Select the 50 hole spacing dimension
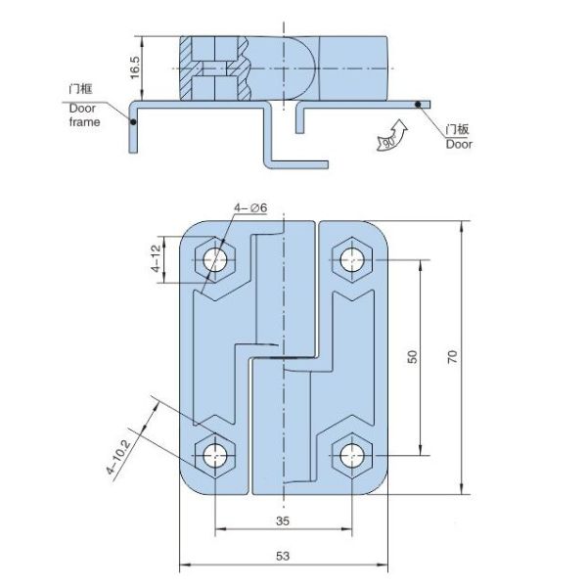[412, 358]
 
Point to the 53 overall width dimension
[284, 556]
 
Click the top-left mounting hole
[216, 260]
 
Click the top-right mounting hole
[351, 260]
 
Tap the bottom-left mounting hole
[216, 454]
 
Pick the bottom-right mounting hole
[351, 454]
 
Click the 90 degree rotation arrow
[388, 136]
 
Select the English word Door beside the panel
[459, 144]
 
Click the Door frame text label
[83, 115]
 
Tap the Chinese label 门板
[458, 129]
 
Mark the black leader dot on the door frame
[133, 122]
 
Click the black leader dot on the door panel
[419, 103]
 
